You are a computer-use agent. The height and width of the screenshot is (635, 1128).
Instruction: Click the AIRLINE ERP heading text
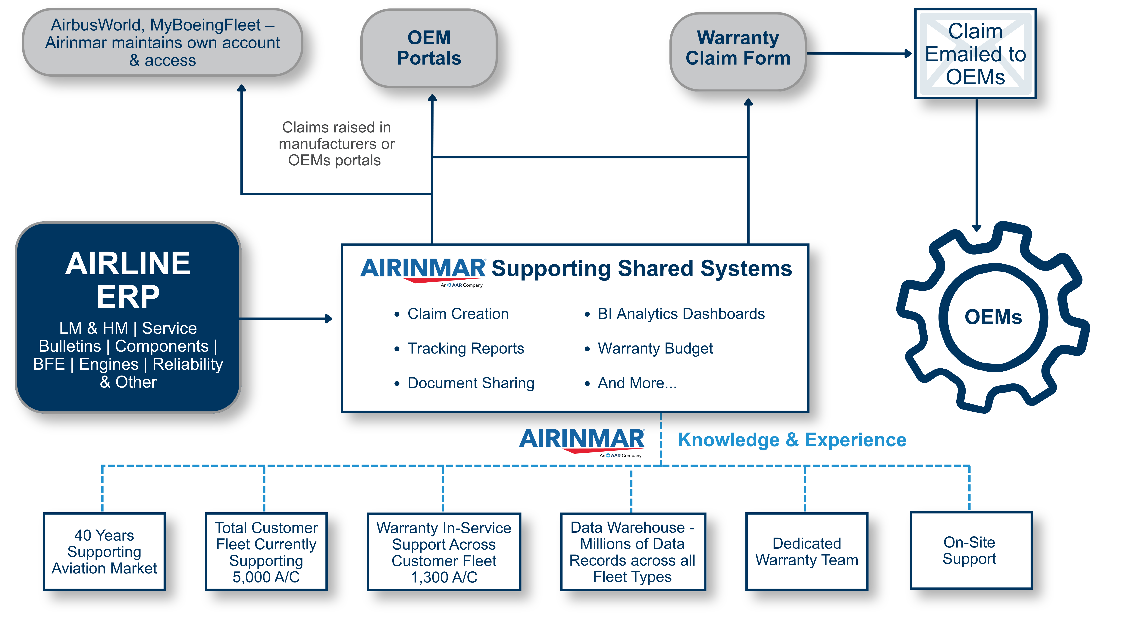coord(128,280)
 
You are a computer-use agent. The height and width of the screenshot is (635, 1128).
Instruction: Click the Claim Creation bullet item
coord(458,314)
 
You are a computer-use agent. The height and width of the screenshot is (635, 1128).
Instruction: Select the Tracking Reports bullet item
coord(465,348)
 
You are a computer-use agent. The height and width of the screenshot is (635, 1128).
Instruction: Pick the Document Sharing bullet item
coord(471,383)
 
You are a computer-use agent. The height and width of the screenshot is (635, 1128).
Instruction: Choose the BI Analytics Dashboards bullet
coord(681,314)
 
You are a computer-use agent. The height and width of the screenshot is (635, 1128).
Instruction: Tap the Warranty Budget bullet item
coord(655,348)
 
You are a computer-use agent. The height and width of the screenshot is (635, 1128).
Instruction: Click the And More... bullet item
coord(637,383)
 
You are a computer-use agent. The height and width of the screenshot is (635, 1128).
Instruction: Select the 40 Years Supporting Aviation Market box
coord(104,552)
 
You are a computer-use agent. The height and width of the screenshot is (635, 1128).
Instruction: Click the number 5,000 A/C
coord(266,577)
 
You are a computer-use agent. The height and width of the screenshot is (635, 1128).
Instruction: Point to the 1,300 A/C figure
coord(443,577)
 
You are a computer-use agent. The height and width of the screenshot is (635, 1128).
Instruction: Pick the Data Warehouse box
coord(632,552)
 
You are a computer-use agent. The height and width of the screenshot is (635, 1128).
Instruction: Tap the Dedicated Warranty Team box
coord(807,552)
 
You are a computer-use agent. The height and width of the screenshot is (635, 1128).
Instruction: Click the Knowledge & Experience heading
coord(792,440)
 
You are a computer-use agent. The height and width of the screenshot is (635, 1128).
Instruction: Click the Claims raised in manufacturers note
coord(336,144)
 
